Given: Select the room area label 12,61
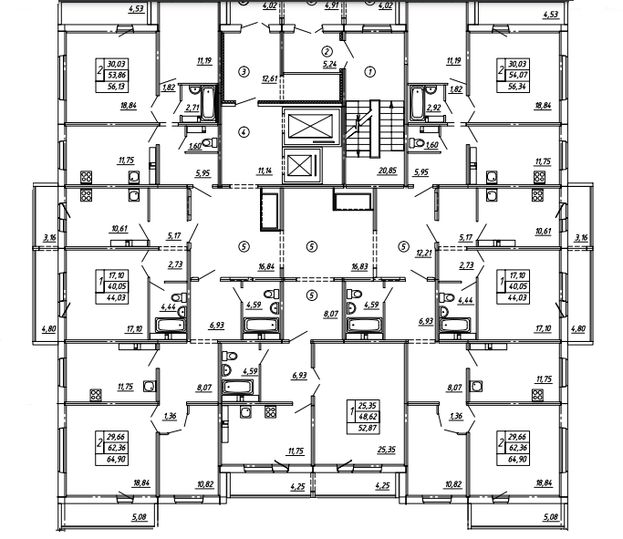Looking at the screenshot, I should (268, 79).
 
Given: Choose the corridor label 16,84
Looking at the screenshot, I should (266, 268).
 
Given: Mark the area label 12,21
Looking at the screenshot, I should (421, 253).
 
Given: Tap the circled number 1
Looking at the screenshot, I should (370, 70).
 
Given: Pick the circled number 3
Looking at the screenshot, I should (244, 70).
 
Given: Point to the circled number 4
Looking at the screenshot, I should (244, 131).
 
